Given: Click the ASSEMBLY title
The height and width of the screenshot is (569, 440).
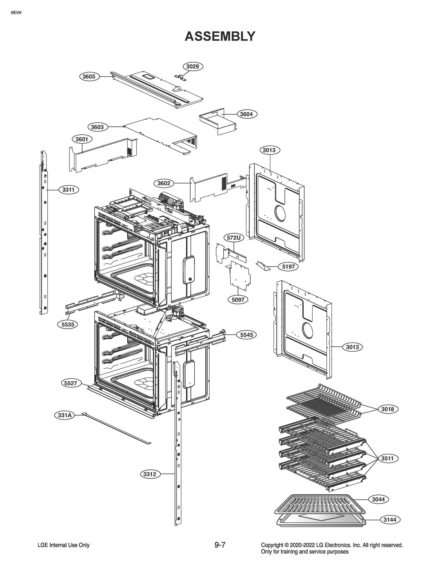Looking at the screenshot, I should click(220, 37).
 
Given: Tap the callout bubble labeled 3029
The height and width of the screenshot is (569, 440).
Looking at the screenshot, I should click(193, 66).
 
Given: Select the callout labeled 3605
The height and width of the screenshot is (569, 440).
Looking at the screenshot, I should click(89, 77).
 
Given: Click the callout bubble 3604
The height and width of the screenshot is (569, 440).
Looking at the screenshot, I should click(246, 114).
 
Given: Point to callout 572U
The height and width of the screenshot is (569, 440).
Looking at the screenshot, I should click(234, 238).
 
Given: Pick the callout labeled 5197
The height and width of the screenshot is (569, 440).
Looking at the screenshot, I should click(288, 266).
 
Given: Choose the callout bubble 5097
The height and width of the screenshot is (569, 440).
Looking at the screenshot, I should click(238, 300).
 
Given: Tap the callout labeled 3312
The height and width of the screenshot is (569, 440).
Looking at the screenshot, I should click(150, 474).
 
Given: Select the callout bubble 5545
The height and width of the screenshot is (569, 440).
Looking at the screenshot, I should click(246, 335).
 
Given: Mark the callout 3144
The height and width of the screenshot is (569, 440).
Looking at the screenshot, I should click(390, 520).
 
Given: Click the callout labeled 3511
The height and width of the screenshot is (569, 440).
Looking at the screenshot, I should click(387, 458).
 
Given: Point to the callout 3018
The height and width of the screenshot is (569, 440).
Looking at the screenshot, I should click(388, 409).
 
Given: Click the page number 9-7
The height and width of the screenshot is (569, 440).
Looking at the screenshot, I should click(220, 545).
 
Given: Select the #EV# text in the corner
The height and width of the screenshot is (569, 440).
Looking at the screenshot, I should click(16, 13).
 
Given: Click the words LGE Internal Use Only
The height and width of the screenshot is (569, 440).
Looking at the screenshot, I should click(63, 545).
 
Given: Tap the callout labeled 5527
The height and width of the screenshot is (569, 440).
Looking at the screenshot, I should click(71, 383).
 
